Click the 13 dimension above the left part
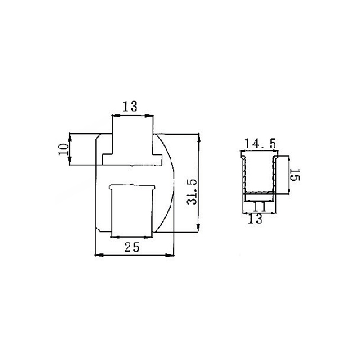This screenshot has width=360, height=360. (130, 107)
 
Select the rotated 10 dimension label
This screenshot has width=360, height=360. (63, 149)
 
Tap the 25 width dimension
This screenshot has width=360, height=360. (132, 247)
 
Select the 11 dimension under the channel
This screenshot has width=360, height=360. (258, 207)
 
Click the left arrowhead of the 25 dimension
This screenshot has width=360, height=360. (99, 255)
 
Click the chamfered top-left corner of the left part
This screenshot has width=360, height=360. (98, 135)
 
